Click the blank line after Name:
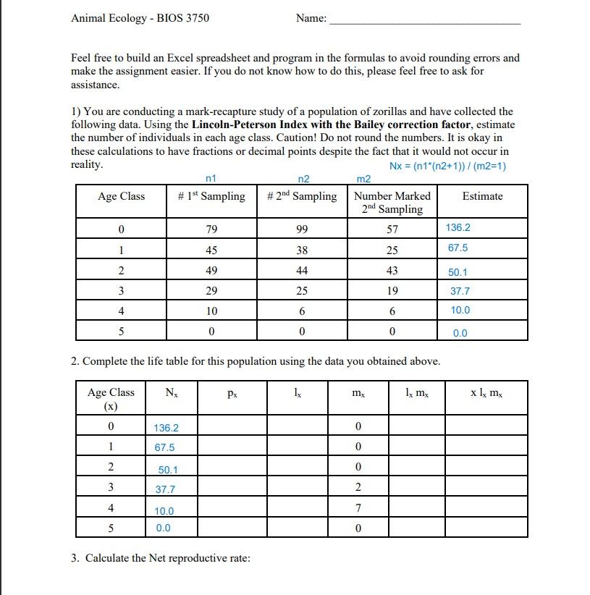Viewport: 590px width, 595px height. [424, 22]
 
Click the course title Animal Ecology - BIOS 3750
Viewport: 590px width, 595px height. [140, 17]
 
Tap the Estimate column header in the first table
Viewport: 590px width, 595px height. [482, 196]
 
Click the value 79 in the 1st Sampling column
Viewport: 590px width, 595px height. [211, 229]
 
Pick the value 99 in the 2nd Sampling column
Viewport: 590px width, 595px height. [302, 229]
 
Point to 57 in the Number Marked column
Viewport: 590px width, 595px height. [392, 229]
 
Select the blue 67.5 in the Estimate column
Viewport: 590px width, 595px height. [458, 248]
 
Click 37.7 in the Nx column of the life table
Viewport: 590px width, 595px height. [167, 490]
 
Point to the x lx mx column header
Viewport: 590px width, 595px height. [486, 393]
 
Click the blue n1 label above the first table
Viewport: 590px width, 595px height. [211, 179]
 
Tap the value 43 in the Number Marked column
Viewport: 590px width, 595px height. [392, 271]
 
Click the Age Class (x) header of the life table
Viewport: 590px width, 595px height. [111, 399]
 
